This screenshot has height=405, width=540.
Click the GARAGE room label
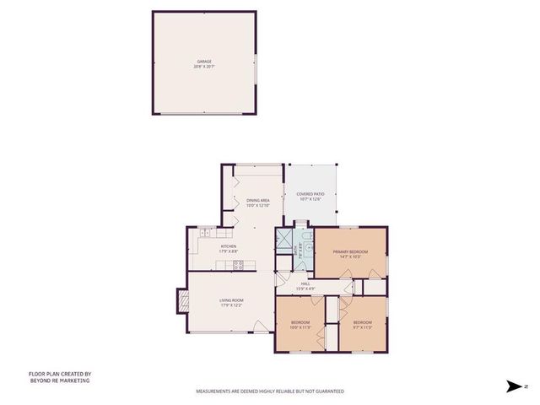click(x=204, y=61)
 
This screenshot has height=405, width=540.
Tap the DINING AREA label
click(x=257, y=201)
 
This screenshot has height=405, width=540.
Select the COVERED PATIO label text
click(x=310, y=194)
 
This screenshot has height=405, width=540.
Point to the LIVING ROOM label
click(x=231, y=300)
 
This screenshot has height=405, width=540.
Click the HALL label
click(x=305, y=283)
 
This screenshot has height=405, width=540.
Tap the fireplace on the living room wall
click(x=182, y=301)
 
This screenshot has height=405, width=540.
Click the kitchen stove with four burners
click(x=239, y=265)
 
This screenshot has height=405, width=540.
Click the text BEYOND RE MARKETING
click(x=59, y=381)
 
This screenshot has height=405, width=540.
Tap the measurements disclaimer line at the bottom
click(x=270, y=391)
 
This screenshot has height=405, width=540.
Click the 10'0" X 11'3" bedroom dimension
click(x=301, y=327)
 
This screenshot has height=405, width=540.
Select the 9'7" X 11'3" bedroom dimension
click(x=363, y=327)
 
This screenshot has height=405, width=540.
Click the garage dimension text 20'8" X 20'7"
click(x=204, y=66)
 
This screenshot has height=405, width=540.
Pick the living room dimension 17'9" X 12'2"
click(x=231, y=305)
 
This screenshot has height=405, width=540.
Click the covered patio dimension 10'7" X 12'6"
click(x=310, y=199)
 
